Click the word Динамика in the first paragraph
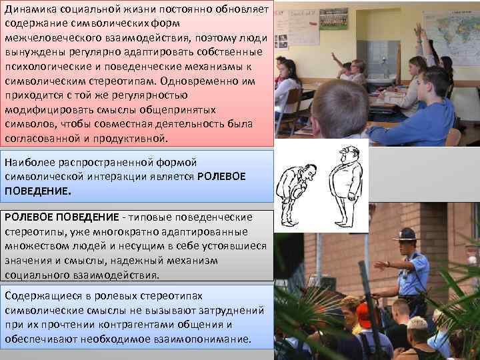coord(28,9)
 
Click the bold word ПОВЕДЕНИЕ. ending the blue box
coord(37,190)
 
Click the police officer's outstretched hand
coord(379,265)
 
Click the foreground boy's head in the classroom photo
coord(339,109)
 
